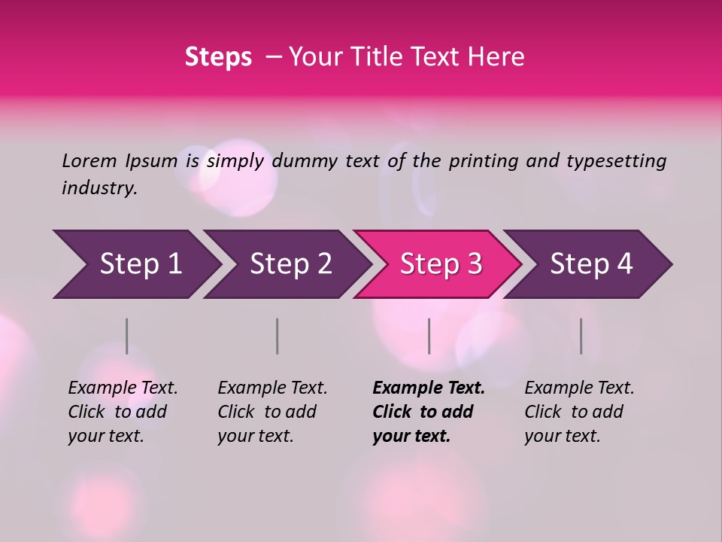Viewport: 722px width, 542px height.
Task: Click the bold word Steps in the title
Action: click(218, 57)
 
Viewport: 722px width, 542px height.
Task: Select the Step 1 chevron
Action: click(135, 264)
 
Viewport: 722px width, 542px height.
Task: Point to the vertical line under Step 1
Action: click(127, 336)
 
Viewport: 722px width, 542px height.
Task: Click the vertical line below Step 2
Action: click(278, 336)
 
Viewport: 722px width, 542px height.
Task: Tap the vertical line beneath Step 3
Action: click(429, 336)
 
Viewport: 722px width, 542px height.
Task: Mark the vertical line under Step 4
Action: click(581, 336)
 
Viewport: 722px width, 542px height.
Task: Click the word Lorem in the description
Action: click(89, 160)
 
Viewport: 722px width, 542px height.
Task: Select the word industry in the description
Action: click(99, 187)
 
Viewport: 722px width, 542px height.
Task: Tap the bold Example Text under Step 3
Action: click(429, 388)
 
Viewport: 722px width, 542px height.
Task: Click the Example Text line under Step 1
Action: click(123, 388)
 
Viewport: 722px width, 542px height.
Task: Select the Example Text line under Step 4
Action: click(579, 388)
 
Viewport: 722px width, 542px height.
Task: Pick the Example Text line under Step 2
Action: click(272, 388)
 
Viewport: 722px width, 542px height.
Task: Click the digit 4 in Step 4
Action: click(624, 264)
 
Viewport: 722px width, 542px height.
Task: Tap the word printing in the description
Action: click(483, 160)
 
